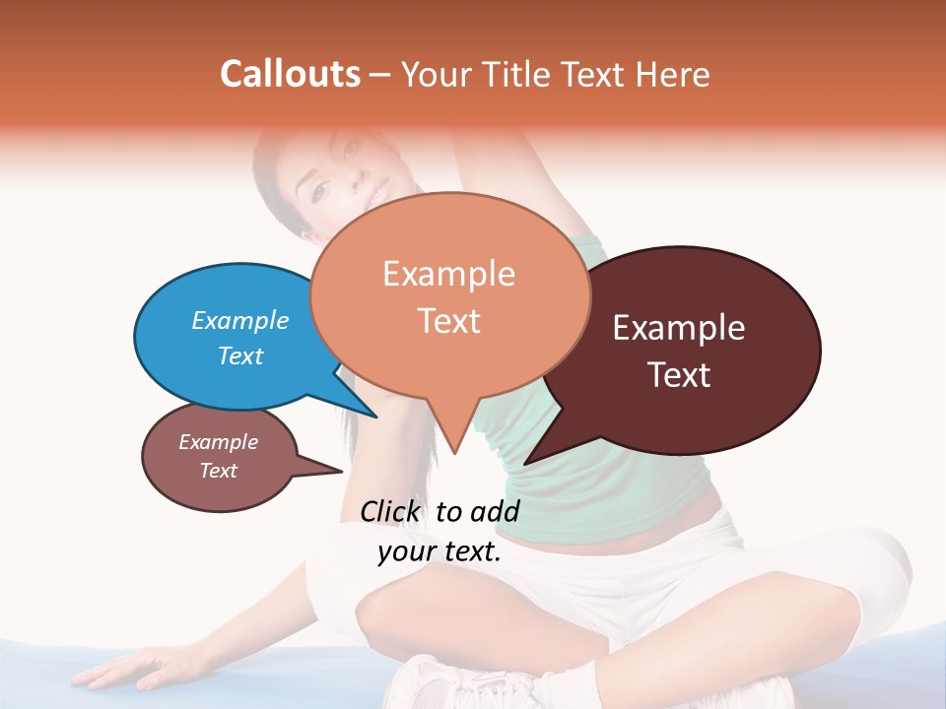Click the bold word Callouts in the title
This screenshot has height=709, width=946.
(290, 74)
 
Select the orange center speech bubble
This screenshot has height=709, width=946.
(449, 294)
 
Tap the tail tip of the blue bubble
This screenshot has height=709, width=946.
(375, 416)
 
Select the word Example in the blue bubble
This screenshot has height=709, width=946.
(239, 321)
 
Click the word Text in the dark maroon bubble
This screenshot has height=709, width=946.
(679, 375)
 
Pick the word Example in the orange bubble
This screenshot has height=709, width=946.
(448, 274)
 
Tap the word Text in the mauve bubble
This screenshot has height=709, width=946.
(219, 471)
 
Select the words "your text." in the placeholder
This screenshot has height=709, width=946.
(439, 551)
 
